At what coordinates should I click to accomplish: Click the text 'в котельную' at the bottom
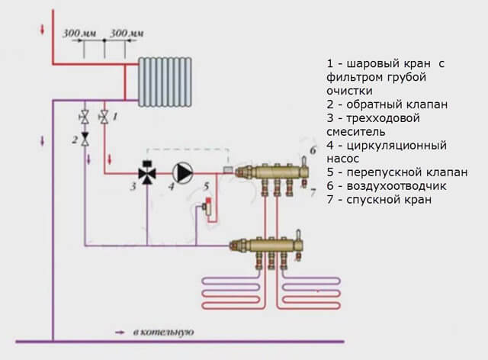pos(164,333)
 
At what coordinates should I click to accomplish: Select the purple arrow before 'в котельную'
pos(120,333)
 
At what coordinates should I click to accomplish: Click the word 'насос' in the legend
pos(343,158)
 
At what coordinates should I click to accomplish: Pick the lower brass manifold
pos(270,246)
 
